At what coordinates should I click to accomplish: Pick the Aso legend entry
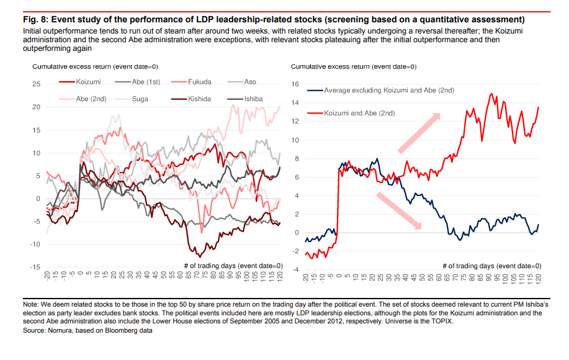(250, 82)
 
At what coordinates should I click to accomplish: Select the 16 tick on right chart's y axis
(295, 84)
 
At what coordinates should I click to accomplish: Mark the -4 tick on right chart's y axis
(296, 269)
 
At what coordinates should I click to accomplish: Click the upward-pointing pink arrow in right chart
(419, 132)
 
